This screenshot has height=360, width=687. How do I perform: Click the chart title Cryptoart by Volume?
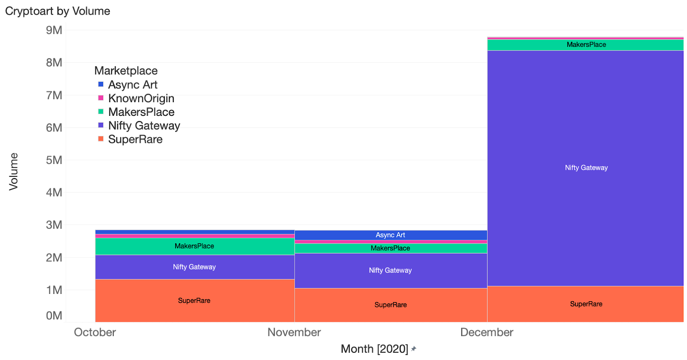(58, 11)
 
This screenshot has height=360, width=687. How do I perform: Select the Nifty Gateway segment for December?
(586, 168)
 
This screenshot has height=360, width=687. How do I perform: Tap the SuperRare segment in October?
(194, 300)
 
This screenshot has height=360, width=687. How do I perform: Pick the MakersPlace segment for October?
(194, 246)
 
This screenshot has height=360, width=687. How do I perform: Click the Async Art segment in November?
(390, 235)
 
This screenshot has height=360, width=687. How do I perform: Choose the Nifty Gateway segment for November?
(390, 270)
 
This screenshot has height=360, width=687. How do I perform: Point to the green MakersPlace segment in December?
(586, 45)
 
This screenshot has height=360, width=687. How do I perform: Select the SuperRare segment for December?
(586, 304)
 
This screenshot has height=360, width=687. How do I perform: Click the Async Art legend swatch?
(101, 85)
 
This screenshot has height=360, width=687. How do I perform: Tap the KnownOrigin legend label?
(141, 98)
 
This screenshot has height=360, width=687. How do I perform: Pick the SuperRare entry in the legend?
(135, 139)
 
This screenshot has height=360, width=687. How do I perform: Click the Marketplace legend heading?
(126, 71)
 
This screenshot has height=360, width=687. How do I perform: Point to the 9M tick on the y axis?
(54, 30)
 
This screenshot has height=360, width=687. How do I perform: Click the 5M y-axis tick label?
(54, 160)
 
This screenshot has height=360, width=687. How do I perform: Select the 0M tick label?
(54, 316)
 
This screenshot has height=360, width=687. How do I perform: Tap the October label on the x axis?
(95, 333)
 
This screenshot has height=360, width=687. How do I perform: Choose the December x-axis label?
(486, 333)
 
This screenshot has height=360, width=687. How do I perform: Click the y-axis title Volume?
(14, 172)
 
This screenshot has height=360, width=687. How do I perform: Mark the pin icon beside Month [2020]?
(413, 349)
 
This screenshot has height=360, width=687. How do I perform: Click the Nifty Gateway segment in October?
(194, 267)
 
